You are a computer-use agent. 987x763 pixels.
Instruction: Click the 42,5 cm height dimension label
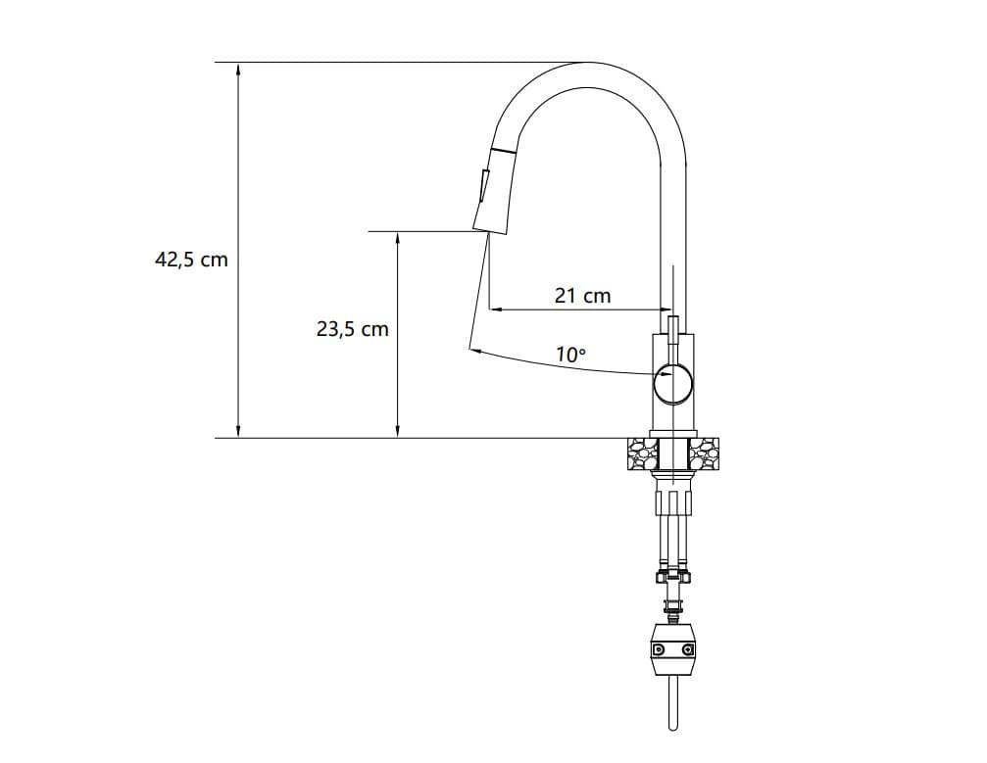click(x=191, y=260)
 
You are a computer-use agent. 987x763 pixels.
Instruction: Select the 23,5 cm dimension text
click(x=352, y=330)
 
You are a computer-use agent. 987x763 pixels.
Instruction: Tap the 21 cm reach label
click(x=582, y=295)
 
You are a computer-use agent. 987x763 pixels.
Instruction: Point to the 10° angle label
click(x=570, y=355)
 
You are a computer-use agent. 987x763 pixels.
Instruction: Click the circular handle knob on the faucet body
click(x=673, y=382)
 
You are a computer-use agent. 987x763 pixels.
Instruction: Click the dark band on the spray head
click(x=503, y=152)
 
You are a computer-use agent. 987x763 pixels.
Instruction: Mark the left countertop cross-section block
click(x=642, y=453)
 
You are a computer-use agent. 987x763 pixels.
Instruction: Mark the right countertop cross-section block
click(x=706, y=453)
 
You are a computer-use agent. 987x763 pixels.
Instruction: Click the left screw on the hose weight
click(x=659, y=649)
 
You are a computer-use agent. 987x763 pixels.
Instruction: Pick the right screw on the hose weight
click(x=688, y=649)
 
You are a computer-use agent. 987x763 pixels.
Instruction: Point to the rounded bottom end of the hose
click(x=673, y=727)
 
